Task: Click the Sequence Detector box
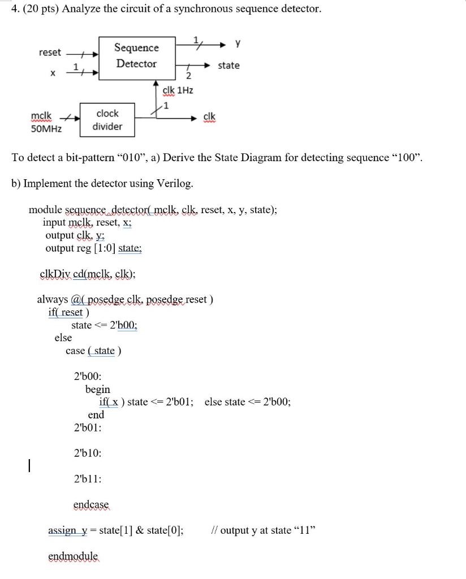[136, 55]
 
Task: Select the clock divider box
[107, 120]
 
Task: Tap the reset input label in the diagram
[50, 53]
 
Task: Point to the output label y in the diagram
[238, 42]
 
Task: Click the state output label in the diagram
[228, 66]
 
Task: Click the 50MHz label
[46, 128]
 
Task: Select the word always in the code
[53, 299]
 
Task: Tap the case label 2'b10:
[88, 453]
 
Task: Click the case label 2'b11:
[88, 479]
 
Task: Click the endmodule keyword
[73, 556]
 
